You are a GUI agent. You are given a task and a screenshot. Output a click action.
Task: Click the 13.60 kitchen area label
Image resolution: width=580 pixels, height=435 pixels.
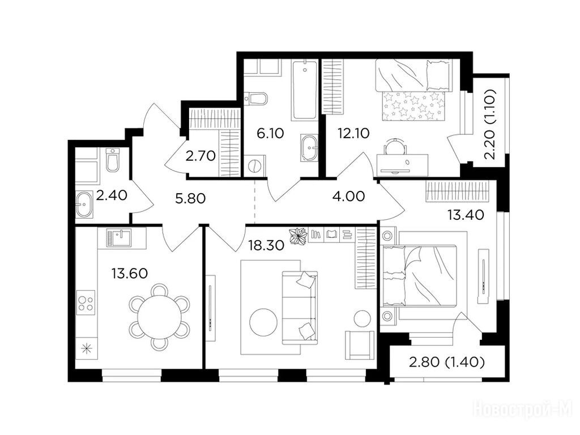coord(130,274)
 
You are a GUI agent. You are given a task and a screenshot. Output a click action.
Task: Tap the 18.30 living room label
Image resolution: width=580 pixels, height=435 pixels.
coord(266,245)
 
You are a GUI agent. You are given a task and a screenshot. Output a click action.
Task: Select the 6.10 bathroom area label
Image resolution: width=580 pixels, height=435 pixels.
coord(270,133)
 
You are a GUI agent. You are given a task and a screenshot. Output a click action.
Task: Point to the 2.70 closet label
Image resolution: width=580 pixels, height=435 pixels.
coord(201,156)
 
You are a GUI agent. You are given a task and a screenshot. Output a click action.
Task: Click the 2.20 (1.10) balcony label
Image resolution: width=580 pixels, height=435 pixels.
coord(490,124)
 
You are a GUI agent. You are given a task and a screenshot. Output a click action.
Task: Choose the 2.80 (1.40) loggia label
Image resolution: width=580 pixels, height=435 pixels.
coord(447,362)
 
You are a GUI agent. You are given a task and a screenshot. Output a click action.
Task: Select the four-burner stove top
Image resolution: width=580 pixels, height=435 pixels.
coord(86,302)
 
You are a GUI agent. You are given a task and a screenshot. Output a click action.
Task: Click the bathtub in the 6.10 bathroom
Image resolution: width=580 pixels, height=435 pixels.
coord(304,90)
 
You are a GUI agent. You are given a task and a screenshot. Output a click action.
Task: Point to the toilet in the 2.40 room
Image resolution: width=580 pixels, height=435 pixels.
coord(112,160)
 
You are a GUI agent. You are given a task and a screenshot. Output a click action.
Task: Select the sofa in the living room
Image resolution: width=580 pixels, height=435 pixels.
coord(300,305)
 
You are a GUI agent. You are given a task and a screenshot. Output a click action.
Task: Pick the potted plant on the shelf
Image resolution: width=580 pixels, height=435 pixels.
coord(298,236)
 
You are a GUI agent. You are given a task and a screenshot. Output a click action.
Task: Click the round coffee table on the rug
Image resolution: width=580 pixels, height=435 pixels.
coord(263,322)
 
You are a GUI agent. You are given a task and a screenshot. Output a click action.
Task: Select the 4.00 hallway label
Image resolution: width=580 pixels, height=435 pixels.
coord(349,196)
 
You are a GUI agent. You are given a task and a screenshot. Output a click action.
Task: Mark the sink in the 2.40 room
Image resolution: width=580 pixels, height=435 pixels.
coord(85,204)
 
